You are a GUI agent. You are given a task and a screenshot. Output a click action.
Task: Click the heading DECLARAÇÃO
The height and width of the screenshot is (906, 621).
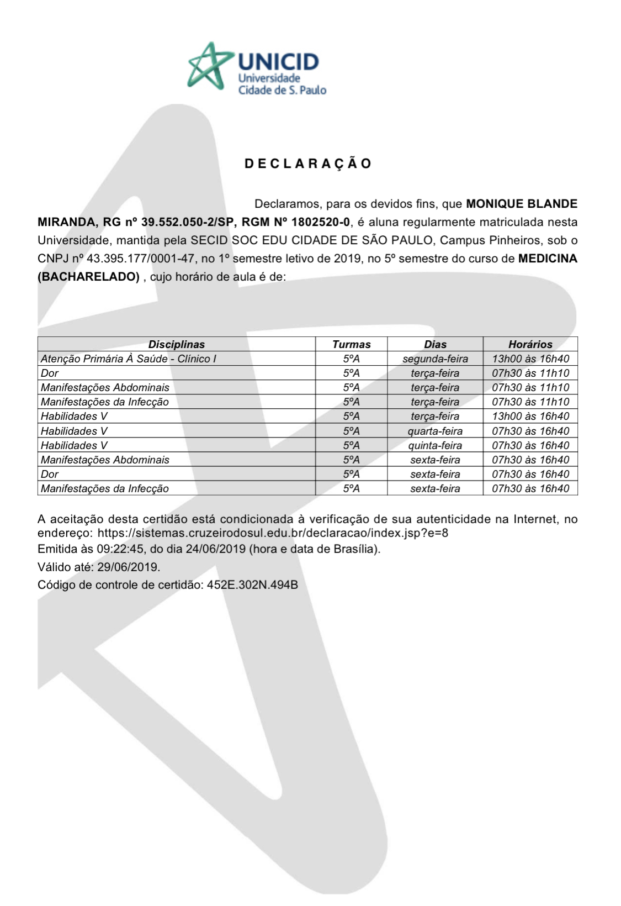coord(308,164)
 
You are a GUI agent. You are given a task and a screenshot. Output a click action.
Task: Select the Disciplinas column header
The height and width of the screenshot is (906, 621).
coord(176,344)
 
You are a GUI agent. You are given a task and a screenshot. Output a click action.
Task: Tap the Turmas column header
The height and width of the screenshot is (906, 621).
coord(351,344)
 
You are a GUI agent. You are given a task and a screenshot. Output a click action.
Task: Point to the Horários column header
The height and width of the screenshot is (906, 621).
coord(530,344)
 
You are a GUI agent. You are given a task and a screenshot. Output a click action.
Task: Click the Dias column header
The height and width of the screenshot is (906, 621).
coord(435,344)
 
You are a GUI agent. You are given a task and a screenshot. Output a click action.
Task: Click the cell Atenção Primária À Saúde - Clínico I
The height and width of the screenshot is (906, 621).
coord(129,359)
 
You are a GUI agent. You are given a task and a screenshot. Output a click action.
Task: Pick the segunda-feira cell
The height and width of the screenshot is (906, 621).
coord(435,359)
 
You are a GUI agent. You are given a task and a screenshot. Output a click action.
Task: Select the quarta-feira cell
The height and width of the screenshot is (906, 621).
coord(435,431)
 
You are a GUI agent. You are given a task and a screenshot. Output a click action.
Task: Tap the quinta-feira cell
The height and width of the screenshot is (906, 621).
coord(435,445)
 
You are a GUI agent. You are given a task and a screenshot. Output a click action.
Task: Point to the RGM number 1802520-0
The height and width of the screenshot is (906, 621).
coord(320,222)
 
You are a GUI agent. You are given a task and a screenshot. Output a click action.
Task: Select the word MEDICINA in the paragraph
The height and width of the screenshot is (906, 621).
coord(548,259)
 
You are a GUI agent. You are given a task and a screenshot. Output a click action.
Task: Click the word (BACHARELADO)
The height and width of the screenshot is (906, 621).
coord(88,277)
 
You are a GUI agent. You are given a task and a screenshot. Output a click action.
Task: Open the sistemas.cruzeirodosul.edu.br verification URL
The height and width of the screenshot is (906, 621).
coord(273,534)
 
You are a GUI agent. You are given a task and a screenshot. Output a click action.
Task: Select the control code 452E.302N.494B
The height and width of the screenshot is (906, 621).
coord(252,585)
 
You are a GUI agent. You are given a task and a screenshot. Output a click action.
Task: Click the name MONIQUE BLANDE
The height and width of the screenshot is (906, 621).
coord(522,204)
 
